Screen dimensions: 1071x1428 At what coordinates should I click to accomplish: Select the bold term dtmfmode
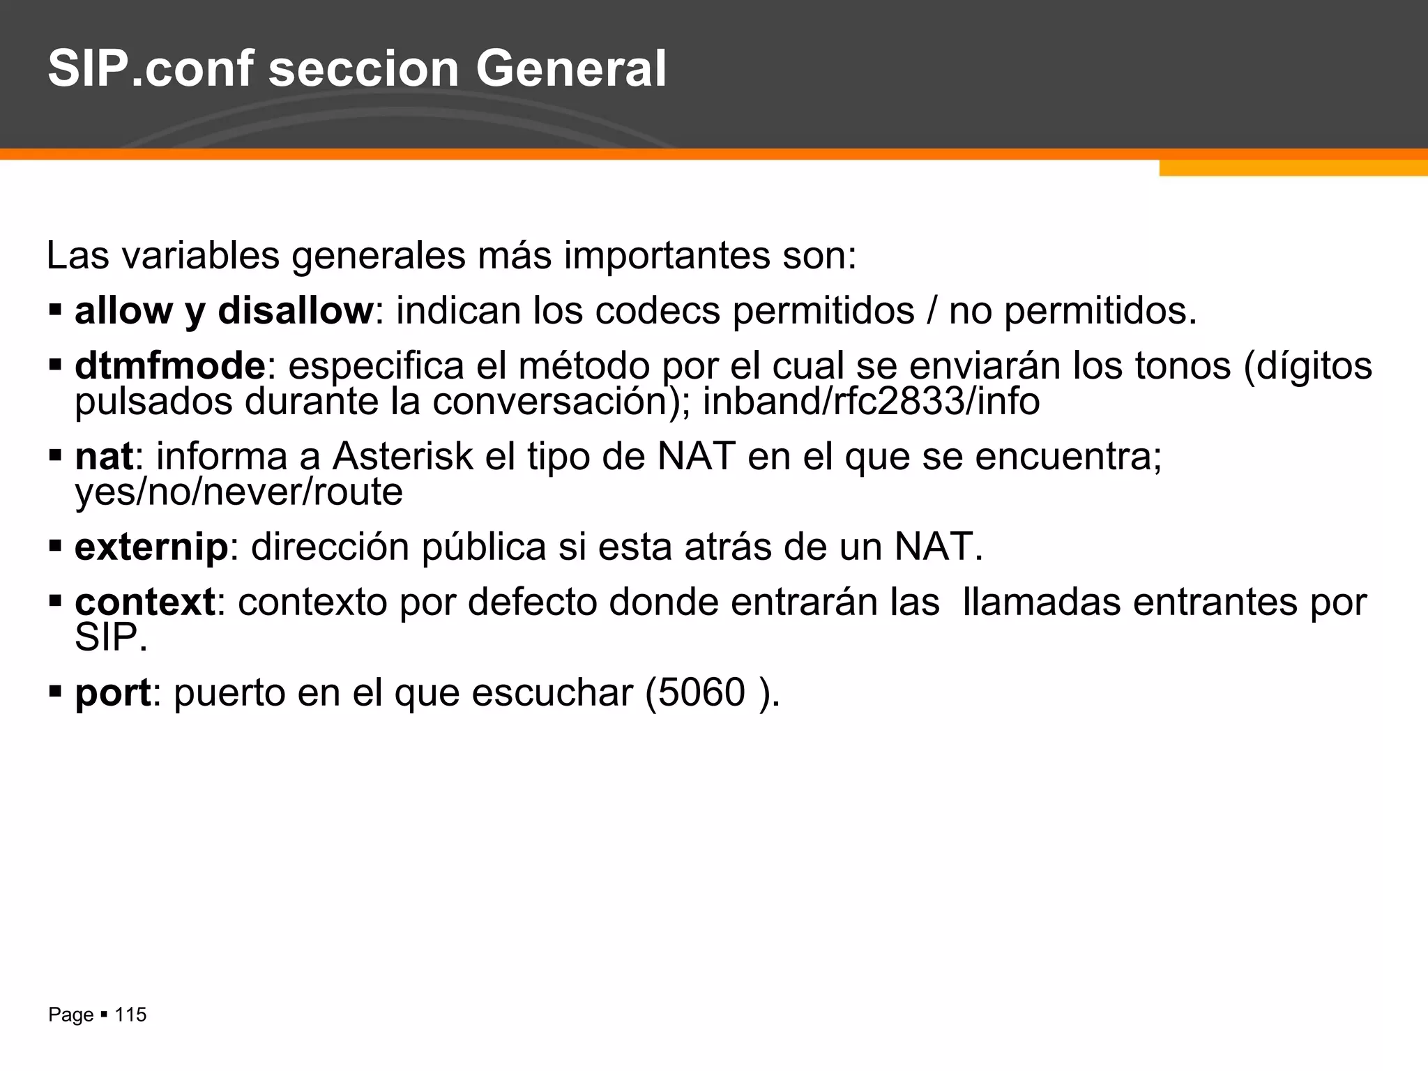[170, 366]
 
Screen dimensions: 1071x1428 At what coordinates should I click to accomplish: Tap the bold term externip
[151, 547]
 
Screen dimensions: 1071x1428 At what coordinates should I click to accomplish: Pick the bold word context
[145, 602]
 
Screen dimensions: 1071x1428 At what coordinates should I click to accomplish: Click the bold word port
[112, 693]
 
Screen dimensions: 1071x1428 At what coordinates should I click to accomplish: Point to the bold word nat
[104, 457]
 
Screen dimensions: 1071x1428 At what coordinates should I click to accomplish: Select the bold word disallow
[296, 310]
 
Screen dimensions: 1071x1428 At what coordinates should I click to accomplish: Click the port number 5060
[701, 692]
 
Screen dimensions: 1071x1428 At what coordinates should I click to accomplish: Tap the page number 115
[130, 1015]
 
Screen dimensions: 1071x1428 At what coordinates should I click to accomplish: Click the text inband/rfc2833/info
[871, 402]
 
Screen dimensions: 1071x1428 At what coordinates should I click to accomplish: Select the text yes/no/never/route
[239, 492]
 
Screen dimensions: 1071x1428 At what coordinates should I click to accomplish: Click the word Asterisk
[402, 457]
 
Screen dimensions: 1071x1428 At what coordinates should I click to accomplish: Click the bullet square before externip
[56, 546]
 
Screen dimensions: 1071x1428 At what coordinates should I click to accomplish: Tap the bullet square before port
[56, 692]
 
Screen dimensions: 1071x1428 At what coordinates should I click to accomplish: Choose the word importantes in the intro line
[667, 255]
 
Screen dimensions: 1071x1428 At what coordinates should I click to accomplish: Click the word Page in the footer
[70, 1015]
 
